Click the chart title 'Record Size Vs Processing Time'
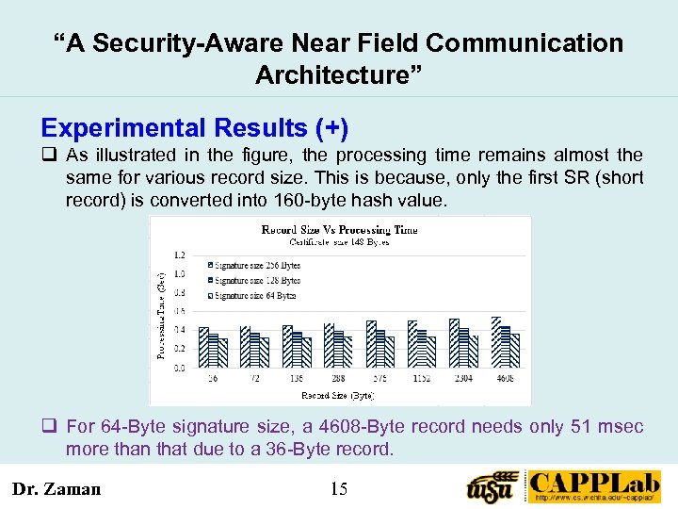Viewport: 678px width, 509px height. pos(339,229)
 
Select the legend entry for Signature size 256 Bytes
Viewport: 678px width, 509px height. pos(252,265)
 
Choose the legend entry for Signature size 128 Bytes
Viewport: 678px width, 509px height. pos(252,280)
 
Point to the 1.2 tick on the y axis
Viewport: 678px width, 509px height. pos(179,254)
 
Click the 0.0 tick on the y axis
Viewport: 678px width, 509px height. pos(179,369)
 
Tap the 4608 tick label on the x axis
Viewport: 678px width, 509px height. pos(506,377)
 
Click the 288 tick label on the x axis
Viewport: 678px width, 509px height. pos(338,377)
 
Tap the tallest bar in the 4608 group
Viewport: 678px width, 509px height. pos(496,341)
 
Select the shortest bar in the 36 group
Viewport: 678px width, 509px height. pos(223,353)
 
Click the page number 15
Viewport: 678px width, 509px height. pos(339,488)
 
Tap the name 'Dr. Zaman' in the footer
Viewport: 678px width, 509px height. pos(56,488)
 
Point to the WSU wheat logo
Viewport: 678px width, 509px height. pos(493,487)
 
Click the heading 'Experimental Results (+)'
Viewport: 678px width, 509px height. pos(194,128)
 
